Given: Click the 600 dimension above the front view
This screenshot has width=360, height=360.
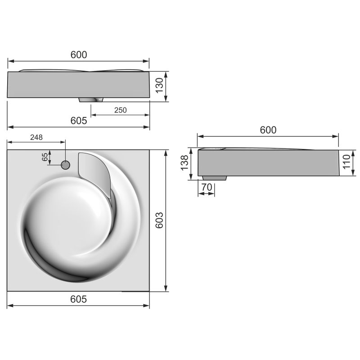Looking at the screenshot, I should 78,54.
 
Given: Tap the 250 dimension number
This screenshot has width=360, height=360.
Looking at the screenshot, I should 120,110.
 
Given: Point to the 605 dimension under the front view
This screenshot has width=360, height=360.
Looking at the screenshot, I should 78,121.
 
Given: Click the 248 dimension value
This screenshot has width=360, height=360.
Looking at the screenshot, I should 37,137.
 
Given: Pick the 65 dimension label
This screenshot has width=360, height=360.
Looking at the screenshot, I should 45,157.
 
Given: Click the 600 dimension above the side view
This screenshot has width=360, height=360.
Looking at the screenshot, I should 268,130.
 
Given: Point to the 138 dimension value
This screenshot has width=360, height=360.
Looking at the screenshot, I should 183,163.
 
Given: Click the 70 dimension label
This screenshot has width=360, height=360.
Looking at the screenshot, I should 206,186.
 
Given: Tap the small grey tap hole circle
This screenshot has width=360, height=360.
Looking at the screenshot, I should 65,165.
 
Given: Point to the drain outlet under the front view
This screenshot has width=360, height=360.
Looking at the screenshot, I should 92,99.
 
